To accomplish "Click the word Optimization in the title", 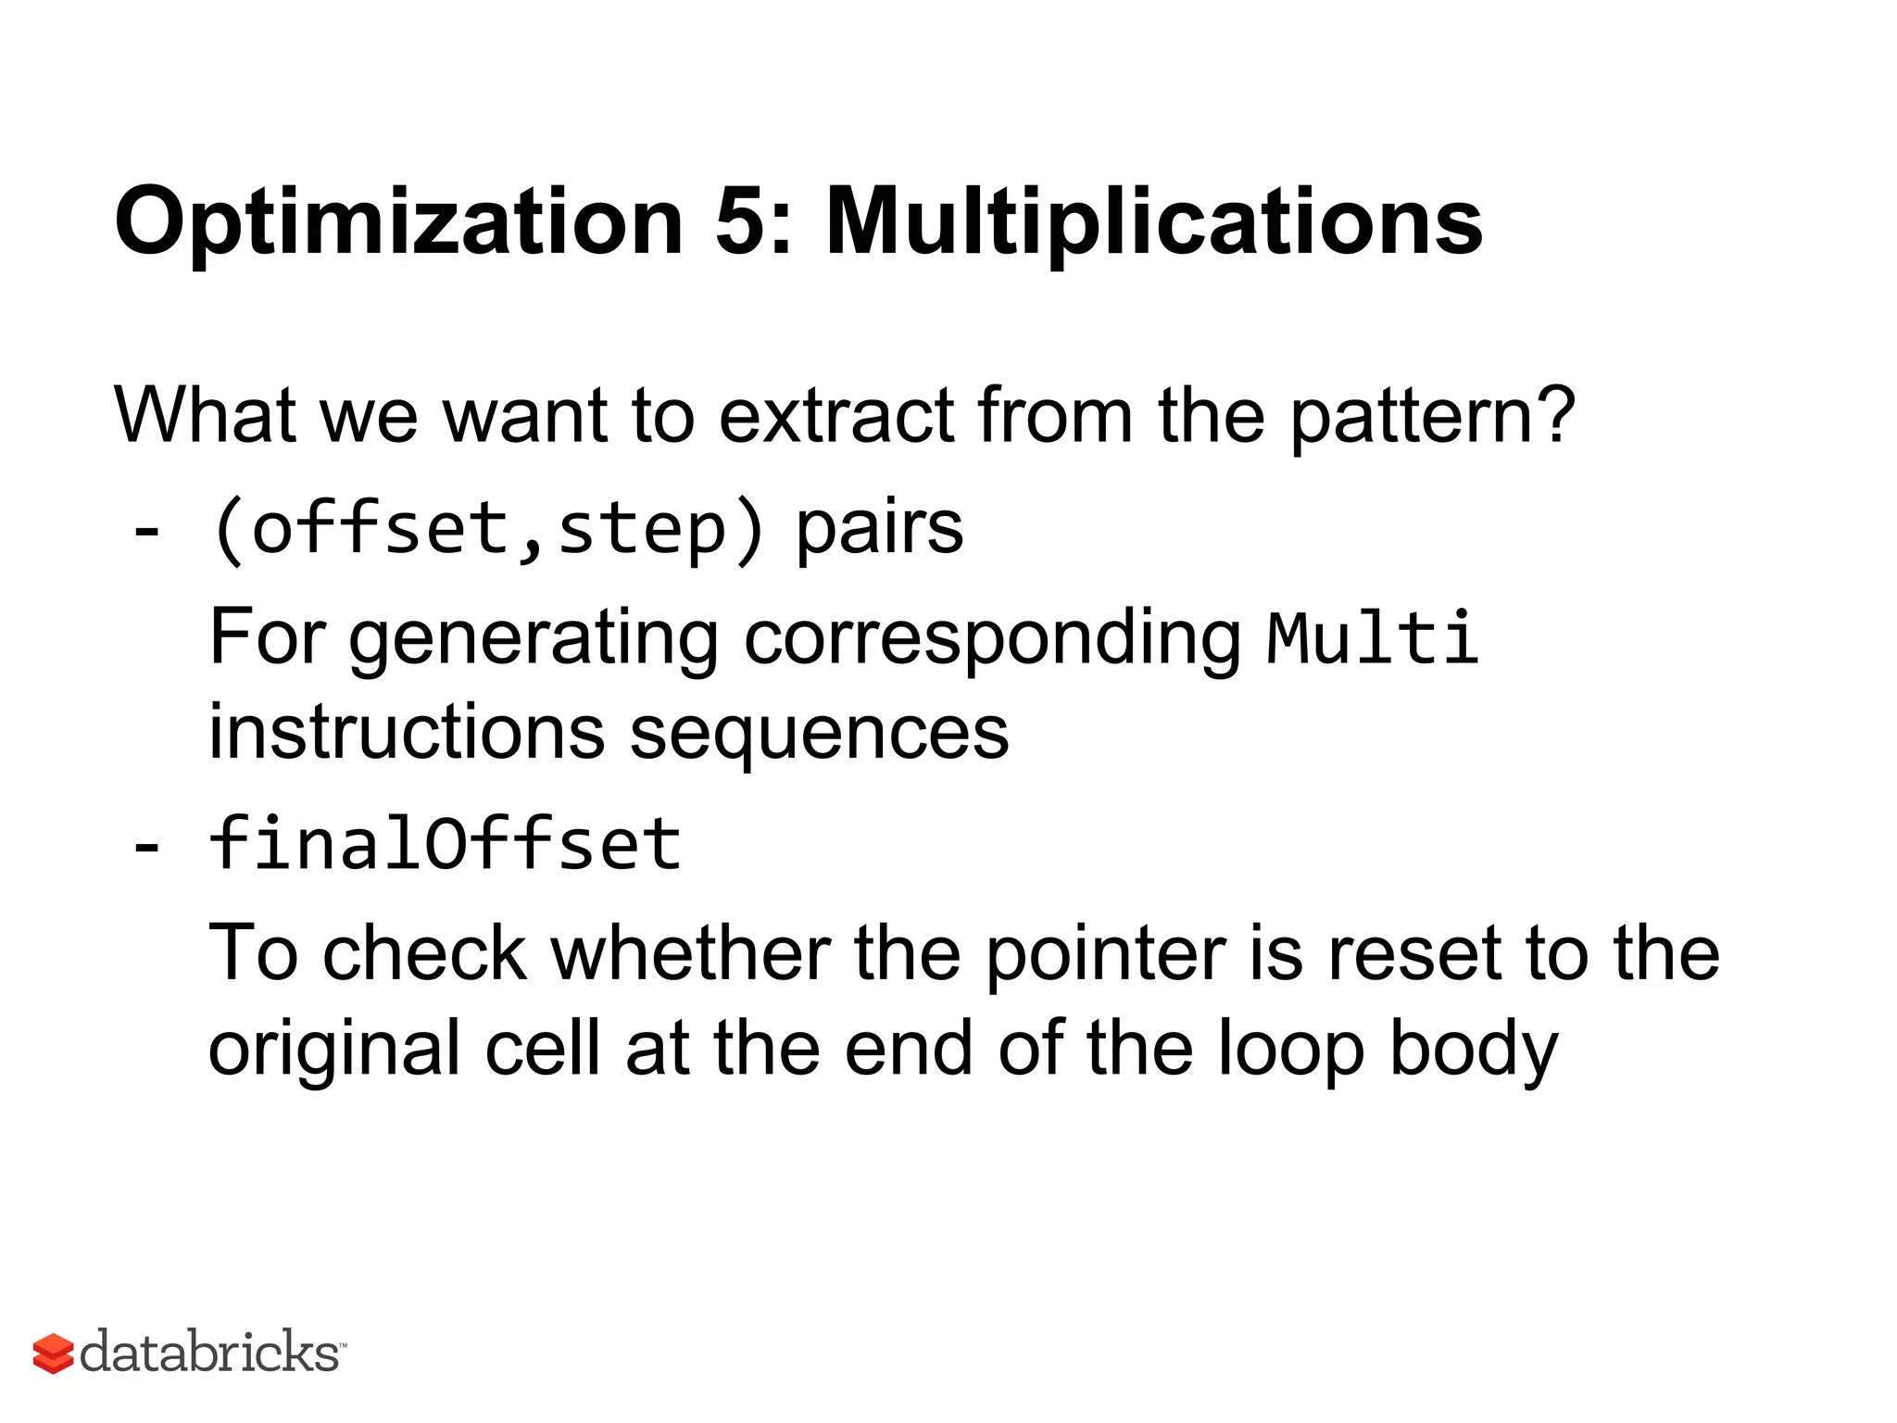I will pyautogui.click(x=398, y=222).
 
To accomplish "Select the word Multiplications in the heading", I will pyautogui.click(x=1153, y=222).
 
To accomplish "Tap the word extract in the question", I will pyautogui.click(x=835, y=416).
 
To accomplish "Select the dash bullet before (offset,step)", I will pyautogui.click(x=146, y=533).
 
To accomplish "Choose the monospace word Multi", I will pyautogui.click(x=1372, y=638).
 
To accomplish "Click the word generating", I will pyautogui.click(x=534, y=640).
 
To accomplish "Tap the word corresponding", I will pyautogui.click(x=992, y=640).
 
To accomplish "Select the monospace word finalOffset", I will pyautogui.click(x=446, y=844).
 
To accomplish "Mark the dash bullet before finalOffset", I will pyautogui.click(x=146, y=848).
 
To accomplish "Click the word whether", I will pyautogui.click(x=691, y=953).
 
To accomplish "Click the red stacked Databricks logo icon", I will pyautogui.click(x=53, y=1354).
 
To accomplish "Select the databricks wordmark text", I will pyautogui.click(x=210, y=1352).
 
